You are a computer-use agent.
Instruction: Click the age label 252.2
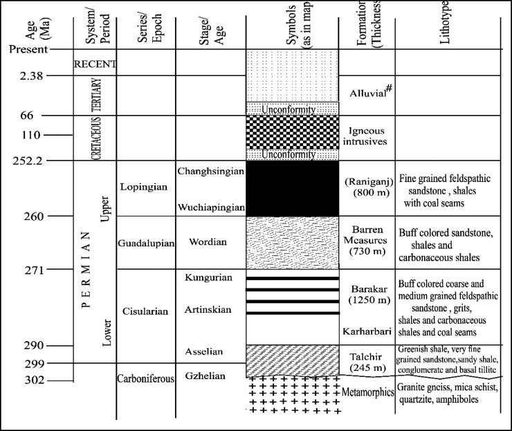27,161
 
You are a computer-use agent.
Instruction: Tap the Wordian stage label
211,243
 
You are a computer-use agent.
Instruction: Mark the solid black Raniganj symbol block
292,188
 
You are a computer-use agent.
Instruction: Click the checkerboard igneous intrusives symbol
292,132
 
